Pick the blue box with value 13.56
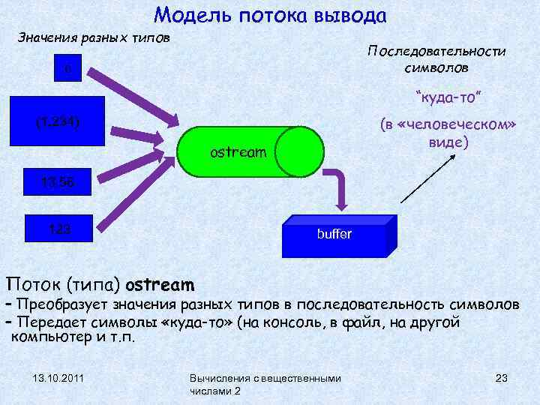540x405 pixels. pos(58,180)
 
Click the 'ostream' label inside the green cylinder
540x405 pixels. pos(238,153)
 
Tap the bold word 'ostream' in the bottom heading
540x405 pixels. pos(160,286)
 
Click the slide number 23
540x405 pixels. pos(502,378)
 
